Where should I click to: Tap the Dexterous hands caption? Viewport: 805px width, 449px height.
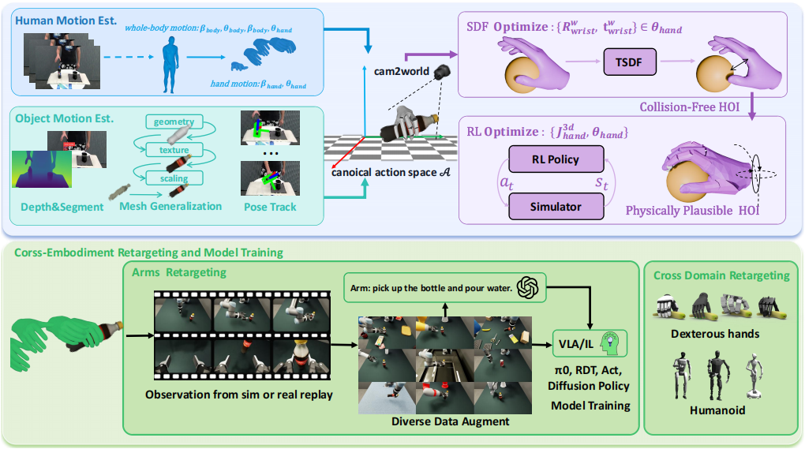click(715, 334)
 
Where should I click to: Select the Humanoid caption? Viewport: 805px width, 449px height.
click(715, 410)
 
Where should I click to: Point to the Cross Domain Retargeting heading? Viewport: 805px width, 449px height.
click(721, 275)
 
